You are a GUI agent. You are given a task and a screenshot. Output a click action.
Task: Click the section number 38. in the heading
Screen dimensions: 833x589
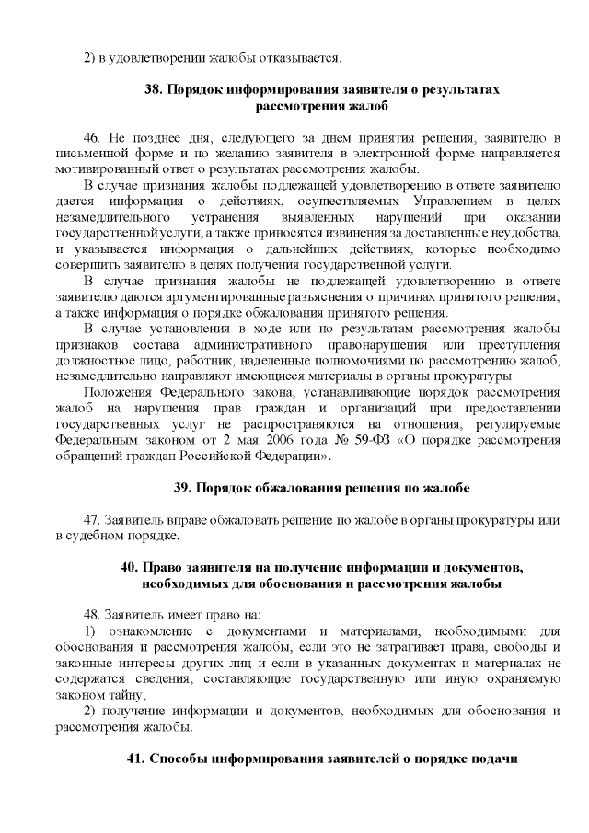tap(155, 90)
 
